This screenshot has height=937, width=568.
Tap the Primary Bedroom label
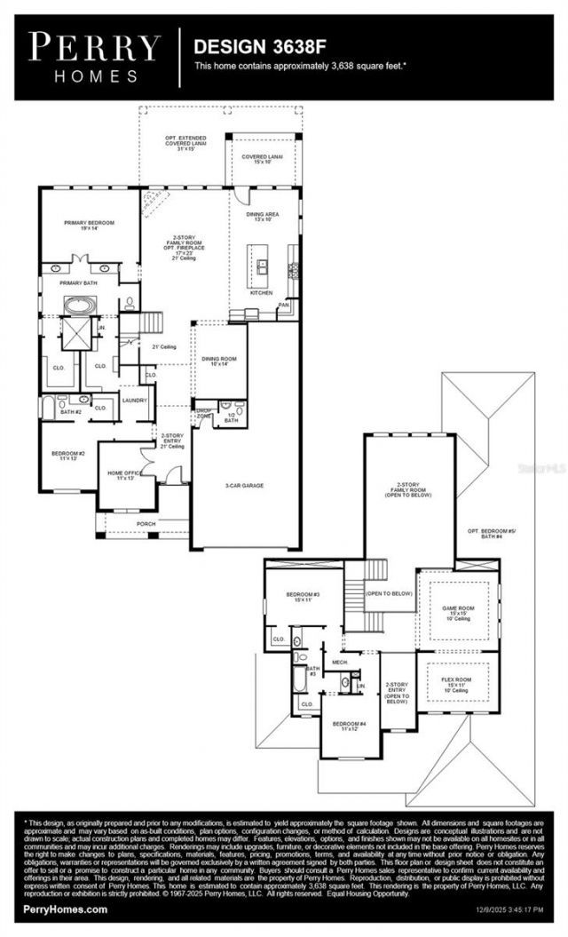pyautogui.click(x=89, y=225)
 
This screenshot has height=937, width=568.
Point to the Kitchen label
pyautogui.click(x=261, y=292)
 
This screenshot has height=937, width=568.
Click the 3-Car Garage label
pyautogui.click(x=244, y=485)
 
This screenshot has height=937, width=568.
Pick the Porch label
pyautogui.click(x=146, y=524)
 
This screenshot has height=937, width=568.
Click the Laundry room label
pyautogui.click(x=135, y=401)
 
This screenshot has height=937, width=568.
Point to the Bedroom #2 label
pyautogui.click(x=68, y=456)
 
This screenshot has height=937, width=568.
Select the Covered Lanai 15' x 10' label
pyautogui.click(x=262, y=159)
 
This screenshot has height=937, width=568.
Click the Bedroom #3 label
pyautogui.click(x=303, y=596)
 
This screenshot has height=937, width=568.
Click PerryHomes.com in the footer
pyautogui.click(x=67, y=909)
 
